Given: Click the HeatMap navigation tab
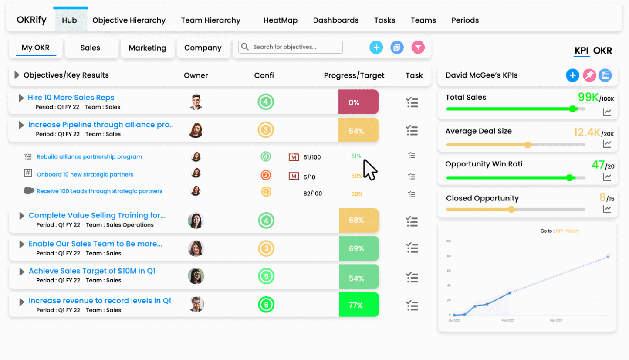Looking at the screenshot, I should click(280, 20).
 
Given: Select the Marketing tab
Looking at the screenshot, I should click(147, 48).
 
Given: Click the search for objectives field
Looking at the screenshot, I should click(291, 47).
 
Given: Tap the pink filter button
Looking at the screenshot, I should click(418, 48).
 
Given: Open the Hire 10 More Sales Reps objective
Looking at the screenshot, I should click(71, 98).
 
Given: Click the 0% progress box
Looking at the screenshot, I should click(358, 102).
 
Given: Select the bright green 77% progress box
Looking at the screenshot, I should click(358, 305).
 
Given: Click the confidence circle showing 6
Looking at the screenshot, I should click(266, 305).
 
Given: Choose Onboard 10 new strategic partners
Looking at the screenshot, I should click(85, 174).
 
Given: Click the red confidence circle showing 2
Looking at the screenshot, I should click(266, 175).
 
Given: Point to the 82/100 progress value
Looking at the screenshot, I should click(313, 194).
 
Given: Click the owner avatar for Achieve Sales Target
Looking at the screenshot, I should click(196, 276).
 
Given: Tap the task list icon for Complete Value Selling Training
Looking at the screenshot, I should click(412, 221).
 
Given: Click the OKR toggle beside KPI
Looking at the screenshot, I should click(602, 51).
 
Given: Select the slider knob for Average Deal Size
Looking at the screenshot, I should click(528, 145).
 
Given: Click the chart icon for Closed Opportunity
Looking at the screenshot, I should click(607, 209).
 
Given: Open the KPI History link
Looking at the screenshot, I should click(567, 231).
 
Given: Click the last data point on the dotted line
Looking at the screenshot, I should click(608, 257).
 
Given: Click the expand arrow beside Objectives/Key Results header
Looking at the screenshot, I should click(17, 75).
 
